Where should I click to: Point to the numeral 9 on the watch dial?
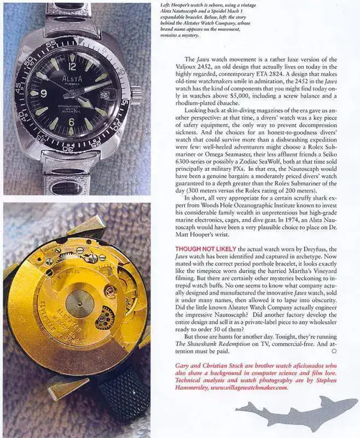point(43,94)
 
